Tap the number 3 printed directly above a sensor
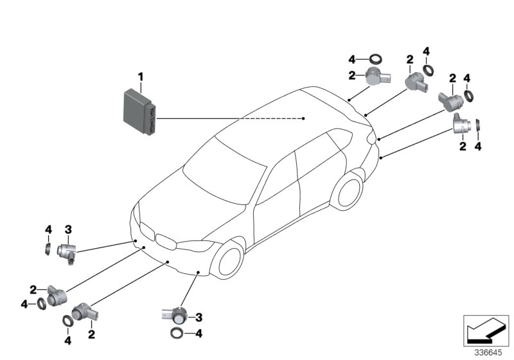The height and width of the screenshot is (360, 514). coord(67,229)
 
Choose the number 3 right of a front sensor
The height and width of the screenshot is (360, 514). coord(199,317)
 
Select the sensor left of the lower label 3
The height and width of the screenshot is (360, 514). coord(175,315)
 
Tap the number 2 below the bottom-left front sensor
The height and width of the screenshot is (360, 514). coord(91,334)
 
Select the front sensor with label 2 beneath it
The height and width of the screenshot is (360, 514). coord(84,313)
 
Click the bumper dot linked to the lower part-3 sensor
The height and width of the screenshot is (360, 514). coord(199,273)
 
